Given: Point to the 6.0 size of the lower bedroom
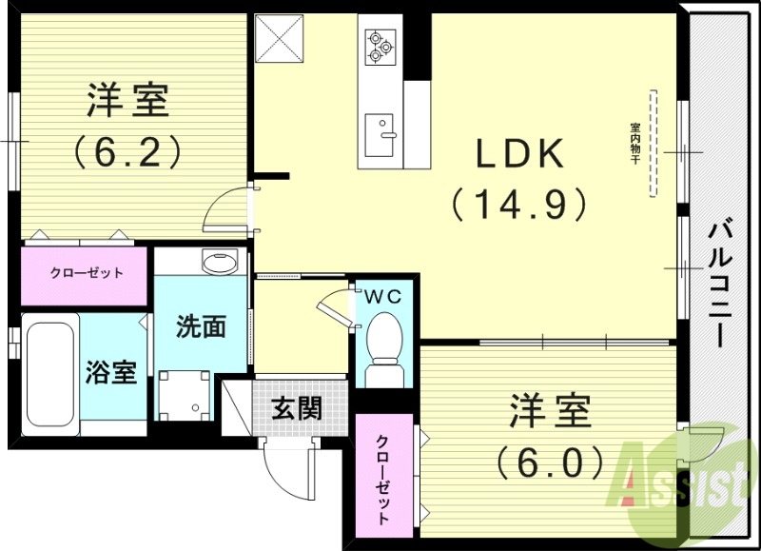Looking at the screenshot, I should coord(550,462).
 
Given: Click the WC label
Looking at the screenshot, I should coord(384,297).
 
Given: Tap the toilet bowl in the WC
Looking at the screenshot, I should coord(384,338).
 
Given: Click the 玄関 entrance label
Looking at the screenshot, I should coord(296,409).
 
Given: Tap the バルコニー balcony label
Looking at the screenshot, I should coord(721,281).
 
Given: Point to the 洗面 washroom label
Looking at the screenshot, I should coord(201,326).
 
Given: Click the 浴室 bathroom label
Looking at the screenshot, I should coord(111,371).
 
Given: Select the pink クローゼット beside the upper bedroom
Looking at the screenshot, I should coord(85,273).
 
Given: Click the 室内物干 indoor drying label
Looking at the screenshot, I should coord(634,143).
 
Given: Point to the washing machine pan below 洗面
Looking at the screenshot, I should coord(183,393).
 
